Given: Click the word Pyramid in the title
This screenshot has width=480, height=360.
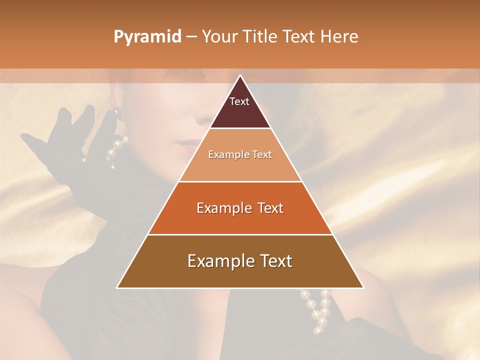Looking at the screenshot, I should [x=147, y=37].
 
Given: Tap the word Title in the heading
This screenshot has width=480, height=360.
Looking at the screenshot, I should [x=261, y=36].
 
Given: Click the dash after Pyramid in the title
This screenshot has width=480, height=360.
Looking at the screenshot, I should [x=191, y=37].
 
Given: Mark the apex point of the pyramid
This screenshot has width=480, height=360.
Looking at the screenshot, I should [x=240, y=75].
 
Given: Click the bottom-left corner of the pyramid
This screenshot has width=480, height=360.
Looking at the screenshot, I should [x=117, y=287].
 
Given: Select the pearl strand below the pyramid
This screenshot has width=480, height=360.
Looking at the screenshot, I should [x=317, y=310].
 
